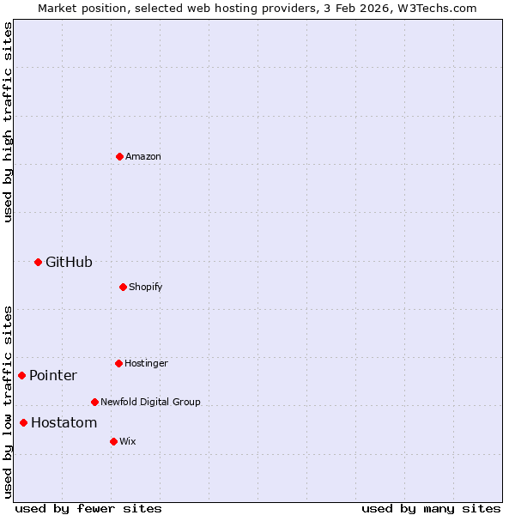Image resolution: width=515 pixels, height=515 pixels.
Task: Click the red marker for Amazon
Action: coord(119,156)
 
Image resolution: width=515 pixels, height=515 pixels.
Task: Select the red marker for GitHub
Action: coord(38,262)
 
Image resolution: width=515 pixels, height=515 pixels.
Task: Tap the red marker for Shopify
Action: coord(123,287)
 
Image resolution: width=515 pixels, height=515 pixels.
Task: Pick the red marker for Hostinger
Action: coord(118,363)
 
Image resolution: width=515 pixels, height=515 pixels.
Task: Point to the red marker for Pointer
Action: coord(21,375)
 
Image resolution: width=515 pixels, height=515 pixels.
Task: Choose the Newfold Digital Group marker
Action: coord(94,402)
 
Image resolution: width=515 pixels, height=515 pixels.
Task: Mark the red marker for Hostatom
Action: coord(23,422)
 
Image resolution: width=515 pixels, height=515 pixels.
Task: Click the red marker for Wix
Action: coord(113,441)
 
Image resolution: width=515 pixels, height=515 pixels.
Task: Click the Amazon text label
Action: coord(143,157)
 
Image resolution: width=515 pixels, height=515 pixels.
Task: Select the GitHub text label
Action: coord(69,263)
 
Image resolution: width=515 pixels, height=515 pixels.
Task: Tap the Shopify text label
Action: coord(146,287)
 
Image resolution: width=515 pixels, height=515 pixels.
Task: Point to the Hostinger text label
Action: coord(146,364)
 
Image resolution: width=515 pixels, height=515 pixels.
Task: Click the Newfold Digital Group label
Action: coord(150,402)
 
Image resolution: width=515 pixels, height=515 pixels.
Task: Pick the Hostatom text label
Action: coord(64,423)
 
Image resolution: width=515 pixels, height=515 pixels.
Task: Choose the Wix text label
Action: coord(127,442)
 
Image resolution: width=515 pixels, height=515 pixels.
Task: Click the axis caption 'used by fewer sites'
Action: coord(88,509)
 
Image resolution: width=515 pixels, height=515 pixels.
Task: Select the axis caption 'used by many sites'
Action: coord(431,509)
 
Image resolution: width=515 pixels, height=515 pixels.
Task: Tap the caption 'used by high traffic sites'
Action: coord(8,122)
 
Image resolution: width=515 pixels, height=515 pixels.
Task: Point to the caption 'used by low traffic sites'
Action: coord(8,401)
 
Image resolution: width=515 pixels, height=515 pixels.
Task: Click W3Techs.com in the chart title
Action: coord(436,8)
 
